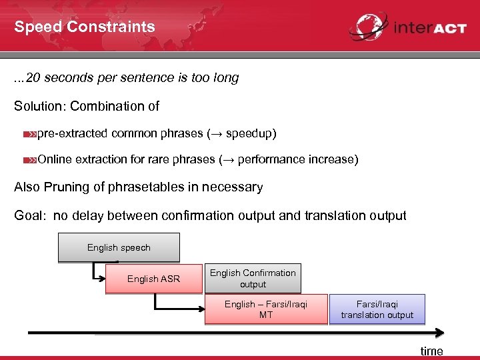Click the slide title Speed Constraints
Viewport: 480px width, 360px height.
coord(85,27)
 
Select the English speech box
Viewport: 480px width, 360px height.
coord(119,247)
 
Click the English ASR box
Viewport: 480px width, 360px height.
coord(153,279)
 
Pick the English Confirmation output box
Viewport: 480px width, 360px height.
coord(253,278)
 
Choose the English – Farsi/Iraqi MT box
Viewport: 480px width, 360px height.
coord(265,309)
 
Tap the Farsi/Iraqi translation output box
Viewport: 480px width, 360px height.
coord(377,309)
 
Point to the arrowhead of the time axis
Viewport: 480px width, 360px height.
coord(441,331)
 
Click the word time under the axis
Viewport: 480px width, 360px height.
coord(431,351)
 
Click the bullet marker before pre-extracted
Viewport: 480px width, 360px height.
coord(29,134)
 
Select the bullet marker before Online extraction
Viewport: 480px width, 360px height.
coord(29,160)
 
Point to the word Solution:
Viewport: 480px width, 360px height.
coord(40,106)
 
